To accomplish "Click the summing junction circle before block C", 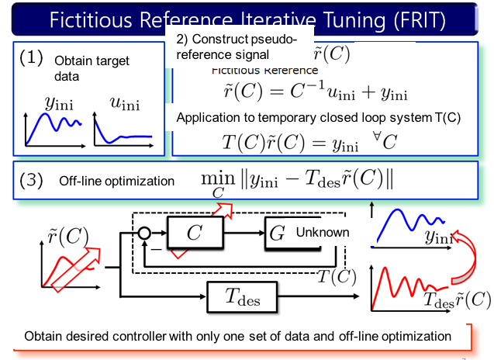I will pos(144,232).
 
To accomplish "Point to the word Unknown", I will pos(322,232).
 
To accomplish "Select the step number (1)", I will pos(32,57).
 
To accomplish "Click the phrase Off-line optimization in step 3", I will pos(116,181).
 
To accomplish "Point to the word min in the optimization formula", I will pos(218,177).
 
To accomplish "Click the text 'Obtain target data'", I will pos(92,68).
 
